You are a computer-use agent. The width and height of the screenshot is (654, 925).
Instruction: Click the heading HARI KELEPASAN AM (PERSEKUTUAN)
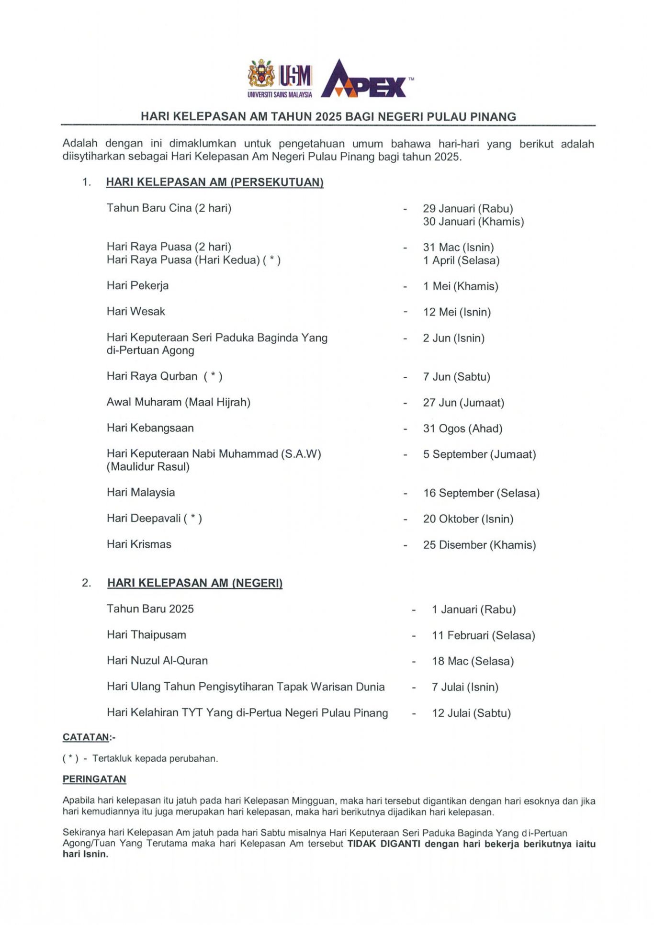click(x=214, y=182)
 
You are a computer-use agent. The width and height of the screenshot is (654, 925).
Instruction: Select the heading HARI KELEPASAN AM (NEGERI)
click(x=195, y=583)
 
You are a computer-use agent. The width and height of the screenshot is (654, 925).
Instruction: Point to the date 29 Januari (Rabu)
click(x=468, y=208)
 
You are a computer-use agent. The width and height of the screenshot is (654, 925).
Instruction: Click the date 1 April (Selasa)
click(x=461, y=260)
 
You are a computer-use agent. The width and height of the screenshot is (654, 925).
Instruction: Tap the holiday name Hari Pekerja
click(x=137, y=286)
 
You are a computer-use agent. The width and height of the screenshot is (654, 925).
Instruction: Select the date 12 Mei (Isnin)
click(x=457, y=312)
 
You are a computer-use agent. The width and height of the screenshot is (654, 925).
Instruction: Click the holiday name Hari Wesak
click(x=135, y=312)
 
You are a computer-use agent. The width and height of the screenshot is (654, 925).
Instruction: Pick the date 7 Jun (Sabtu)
click(x=456, y=377)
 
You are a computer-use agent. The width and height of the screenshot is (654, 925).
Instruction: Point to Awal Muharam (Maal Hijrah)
click(x=178, y=402)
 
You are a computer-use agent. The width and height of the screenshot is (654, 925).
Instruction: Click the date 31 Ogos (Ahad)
click(x=462, y=429)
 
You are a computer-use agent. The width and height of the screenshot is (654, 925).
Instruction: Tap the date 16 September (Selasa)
click(x=481, y=493)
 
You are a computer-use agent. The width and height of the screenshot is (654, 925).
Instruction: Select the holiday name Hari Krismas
click(x=139, y=544)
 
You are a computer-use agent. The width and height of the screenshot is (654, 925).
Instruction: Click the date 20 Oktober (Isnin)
click(x=468, y=519)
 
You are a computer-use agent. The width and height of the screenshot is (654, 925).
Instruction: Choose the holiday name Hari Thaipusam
click(x=146, y=635)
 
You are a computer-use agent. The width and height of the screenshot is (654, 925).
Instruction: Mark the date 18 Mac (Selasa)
click(x=473, y=661)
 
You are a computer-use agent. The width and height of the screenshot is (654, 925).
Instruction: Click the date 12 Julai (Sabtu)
click(x=471, y=713)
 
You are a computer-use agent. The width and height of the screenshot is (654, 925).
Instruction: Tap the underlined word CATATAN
click(x=86, y=737)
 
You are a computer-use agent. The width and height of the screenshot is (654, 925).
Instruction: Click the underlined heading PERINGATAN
click(x=94, y=779)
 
